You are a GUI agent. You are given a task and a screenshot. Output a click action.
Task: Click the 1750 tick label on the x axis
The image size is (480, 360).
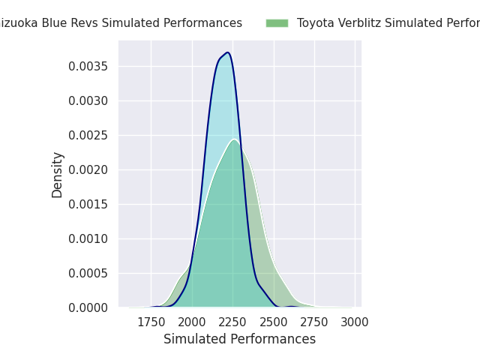click(x=151, y=322)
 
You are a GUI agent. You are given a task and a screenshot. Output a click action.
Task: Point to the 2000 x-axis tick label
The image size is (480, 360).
click(x=192, y=322)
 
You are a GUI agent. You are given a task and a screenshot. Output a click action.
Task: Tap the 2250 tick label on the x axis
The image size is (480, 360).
click(x=232, y=322)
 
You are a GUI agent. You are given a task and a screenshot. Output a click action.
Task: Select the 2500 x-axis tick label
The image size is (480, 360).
click(x=274, y=322)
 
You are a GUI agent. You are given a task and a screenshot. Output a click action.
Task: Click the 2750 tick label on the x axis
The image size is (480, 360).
click(x=314, y=322)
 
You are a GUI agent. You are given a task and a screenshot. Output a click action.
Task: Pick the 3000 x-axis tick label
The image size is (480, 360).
click(x=355, y=322)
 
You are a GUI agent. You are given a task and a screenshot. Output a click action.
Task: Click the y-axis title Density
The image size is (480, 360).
click(x=58, y=175)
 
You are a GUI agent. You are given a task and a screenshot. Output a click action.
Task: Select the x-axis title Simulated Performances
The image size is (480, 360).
click(x=239, y=339)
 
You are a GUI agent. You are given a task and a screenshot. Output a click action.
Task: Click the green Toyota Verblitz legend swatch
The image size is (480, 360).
click(x=277, y=23)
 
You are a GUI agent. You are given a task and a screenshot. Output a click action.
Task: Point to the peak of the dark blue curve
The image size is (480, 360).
click(x=227, y=52)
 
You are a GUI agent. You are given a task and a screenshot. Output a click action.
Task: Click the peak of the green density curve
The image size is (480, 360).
click(x=234, y=139)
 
